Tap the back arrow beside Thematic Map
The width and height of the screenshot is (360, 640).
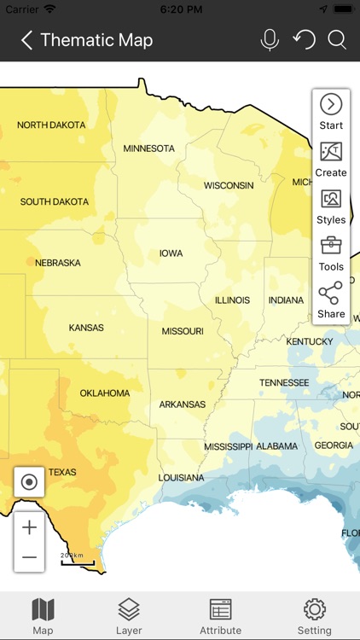coord(26,40)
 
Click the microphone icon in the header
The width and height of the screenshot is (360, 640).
coord(270,40)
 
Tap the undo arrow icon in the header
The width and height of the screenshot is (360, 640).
coord(304,39)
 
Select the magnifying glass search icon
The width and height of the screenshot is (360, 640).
coord(337,40)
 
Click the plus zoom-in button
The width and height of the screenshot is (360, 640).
coord(29,527)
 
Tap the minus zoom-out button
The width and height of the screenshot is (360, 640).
coord(29,557)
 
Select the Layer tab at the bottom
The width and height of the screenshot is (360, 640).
coord(129,615)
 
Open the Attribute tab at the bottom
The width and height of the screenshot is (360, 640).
coord(221,615)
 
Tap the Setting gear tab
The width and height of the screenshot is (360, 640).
coord(315,615)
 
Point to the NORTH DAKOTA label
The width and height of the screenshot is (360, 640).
coord(51,125)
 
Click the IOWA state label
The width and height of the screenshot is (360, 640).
coord(171,254)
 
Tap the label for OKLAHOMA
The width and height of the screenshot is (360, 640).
coord(105,393)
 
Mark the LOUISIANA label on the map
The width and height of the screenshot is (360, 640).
coord(181,478)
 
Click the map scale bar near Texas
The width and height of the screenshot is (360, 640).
coord(77,560)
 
